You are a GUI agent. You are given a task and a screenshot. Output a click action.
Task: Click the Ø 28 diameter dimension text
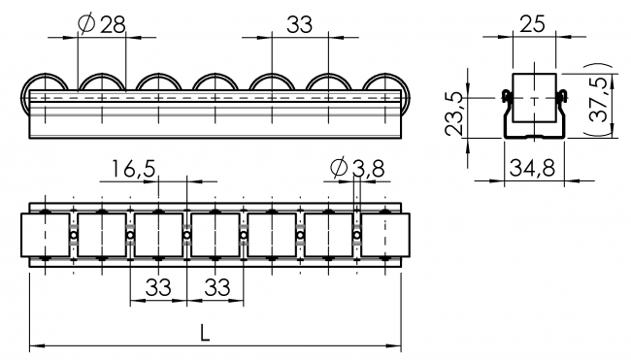coord(100,25)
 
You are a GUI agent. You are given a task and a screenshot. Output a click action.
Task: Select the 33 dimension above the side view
coord(299,25)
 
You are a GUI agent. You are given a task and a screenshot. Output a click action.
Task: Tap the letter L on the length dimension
coord(205,331)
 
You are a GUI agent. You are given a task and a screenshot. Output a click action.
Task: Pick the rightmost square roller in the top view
coord(385,237)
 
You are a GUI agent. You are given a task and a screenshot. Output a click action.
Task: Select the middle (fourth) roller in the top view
coord(215,237)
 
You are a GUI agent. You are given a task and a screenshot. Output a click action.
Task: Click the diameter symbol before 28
coord(84,25)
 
